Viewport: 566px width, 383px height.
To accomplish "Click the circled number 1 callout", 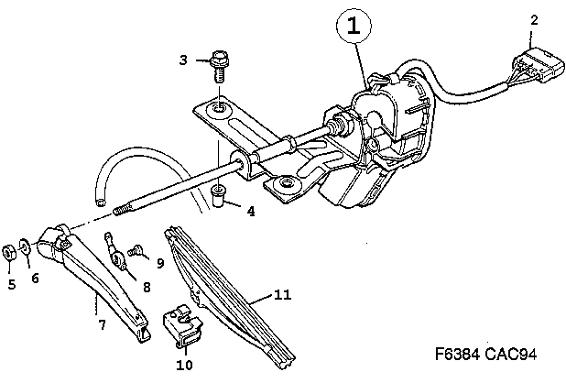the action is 354,27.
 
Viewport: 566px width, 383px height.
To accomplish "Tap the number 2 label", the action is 534,20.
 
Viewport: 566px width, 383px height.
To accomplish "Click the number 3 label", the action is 183,60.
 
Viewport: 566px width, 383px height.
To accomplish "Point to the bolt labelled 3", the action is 218,65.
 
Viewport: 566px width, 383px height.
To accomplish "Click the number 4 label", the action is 251,211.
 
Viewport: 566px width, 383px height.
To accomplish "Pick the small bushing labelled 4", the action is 218,196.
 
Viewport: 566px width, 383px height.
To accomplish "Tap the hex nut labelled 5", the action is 8,252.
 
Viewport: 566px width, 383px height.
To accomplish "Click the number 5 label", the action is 12,285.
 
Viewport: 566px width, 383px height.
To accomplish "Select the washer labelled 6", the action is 26,246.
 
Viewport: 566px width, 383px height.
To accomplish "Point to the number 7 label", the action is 103,325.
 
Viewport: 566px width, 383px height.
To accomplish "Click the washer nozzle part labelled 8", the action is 115,253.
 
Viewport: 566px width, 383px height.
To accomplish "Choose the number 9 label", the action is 160,263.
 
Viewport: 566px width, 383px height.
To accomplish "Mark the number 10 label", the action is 184,365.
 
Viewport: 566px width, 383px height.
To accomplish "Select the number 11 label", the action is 283,295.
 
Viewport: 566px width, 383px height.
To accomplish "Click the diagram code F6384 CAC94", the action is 486,354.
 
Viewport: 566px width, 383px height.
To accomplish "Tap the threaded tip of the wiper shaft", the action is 121,210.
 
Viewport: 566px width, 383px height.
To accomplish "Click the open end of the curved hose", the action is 101,203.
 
